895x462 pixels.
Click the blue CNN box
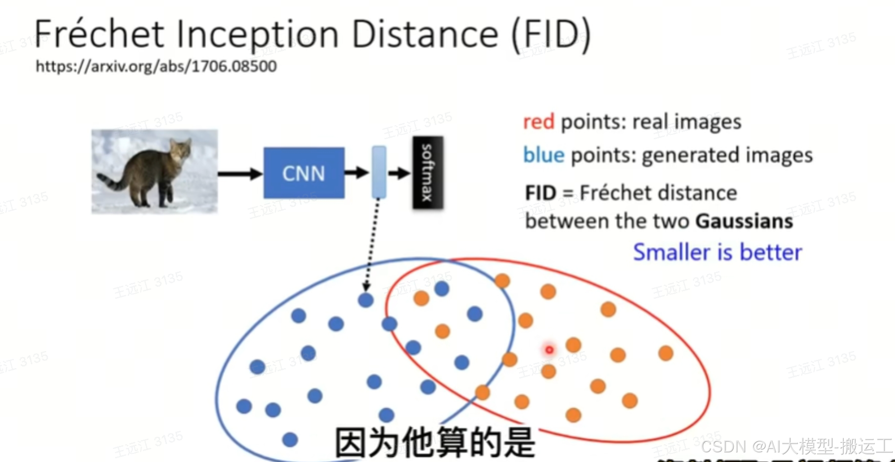click(x=304, y=173)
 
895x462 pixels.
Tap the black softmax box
click(x=427, y=172)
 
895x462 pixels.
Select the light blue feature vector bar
click(x=379, y=172)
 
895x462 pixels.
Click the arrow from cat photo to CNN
click(x=240, y=174)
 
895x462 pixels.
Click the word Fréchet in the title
click(x=99, y=34)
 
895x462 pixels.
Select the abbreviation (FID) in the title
click(x=551, y=34)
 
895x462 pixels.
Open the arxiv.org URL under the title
click(x=156, y=66)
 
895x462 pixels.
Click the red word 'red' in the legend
click(x=538, y=122)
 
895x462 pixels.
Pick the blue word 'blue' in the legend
click(x=544, y=155)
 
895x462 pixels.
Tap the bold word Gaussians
click(x=744, y=221)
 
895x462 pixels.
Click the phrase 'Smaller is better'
click(x=717, y=253)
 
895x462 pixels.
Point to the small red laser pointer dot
click(x=549, y=350)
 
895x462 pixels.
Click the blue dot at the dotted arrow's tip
click(x=366, y=300)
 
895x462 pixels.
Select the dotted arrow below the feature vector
click(x=372, y=243)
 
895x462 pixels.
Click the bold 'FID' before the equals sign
click(x=540, y=193)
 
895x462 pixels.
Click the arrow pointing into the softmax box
click(x=399, y=173)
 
